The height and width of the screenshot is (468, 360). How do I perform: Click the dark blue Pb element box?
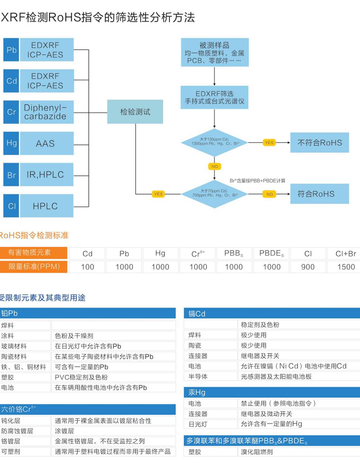[x=11, y=50]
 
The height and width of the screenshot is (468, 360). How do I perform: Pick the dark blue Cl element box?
[x=11, y=206]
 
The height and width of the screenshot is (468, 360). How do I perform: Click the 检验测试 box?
[x=135, y=112]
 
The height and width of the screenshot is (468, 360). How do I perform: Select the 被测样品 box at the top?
[x=215, y=53]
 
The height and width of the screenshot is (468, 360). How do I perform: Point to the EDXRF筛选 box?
[x=215, y=97]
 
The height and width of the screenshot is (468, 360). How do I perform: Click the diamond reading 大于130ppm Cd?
[x=215, y=143]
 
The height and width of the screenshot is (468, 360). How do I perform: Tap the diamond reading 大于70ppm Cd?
[x=215, y=194]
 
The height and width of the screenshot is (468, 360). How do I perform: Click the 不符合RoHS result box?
[x=320, y=143]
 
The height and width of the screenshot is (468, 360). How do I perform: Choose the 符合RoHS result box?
[x=320, y=194]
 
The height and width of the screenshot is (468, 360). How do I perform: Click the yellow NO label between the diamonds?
[x=215, y=166]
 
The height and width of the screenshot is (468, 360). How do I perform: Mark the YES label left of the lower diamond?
[x=158, y=194]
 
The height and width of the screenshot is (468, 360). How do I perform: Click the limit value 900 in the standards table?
[x=308, y=267]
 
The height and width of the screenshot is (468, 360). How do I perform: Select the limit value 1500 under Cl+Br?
[x=346, y=267]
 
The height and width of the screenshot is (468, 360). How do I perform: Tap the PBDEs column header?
[x=271, y=253]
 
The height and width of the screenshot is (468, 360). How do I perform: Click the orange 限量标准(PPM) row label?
[x=34, y=267]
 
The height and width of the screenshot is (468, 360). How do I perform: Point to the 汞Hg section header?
[x=272, y=392]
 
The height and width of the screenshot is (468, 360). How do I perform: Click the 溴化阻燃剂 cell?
[x=257, y=452]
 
